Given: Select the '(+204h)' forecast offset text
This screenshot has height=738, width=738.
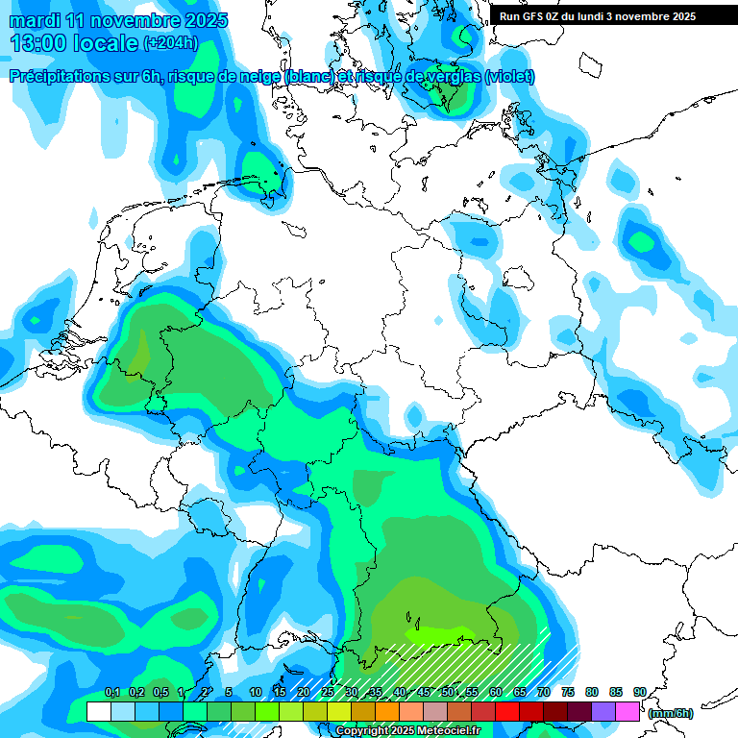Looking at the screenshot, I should point(170,42).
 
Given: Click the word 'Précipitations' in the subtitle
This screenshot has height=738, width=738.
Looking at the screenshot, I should point(58,76).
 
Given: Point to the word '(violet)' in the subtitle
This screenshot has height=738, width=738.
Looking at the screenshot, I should point(510,76).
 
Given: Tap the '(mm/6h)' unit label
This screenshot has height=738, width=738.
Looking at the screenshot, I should point(671,713).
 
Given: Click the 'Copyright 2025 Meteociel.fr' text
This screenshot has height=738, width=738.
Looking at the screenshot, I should point(407,731).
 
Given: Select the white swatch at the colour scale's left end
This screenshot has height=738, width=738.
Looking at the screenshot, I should point(98,712).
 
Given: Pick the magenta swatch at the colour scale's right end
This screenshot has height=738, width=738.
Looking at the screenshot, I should point(627,712).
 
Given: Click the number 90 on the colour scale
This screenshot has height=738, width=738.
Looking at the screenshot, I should point(640,692).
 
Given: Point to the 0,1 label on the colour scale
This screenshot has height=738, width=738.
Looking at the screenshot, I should point(111,692).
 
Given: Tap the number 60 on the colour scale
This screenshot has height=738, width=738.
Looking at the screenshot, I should point(496,692).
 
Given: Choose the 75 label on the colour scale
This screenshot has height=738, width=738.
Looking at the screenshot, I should point(568,692).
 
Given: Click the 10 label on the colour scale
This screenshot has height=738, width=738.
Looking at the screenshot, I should point(256,692).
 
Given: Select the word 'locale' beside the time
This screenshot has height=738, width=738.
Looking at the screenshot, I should point(106,42).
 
